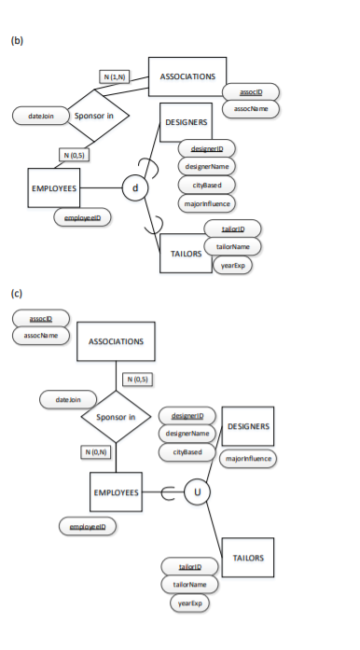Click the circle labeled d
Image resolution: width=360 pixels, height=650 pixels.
pyautogui.click(x=136, y=189)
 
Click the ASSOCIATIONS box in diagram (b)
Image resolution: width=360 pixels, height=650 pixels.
pyautogui.click(x=187, y=76)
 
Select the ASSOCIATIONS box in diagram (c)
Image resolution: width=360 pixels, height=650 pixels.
pyautogui.click(x=116, y=341)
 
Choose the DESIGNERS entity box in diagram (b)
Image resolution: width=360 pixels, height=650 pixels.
pyautogui.click(x=187, y=124)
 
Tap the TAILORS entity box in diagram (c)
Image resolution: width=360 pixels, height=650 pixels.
pyautogui.click(x=247, y=558)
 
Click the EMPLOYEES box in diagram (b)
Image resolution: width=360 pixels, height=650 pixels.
pyautogui.click(x=52, y=189)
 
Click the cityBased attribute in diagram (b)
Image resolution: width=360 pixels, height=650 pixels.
pyautogui.click(x=206, y=185)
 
